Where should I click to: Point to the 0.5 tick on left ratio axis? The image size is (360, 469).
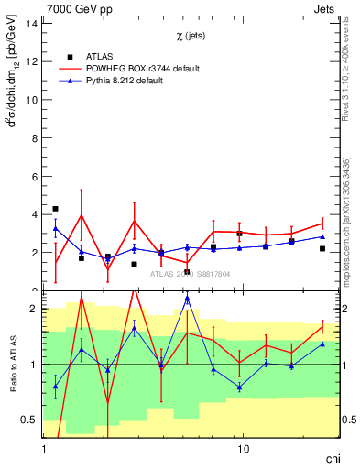(x=29, y=420)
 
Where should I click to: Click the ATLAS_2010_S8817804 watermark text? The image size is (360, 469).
(x=191, y=273)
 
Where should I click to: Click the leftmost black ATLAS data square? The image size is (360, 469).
(x=56, y=209)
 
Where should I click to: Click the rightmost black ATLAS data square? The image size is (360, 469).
(x=322, y=248)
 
